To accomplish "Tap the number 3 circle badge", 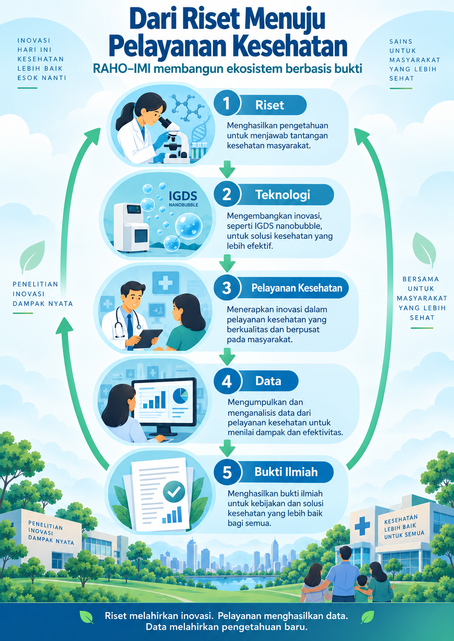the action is coord(226,288).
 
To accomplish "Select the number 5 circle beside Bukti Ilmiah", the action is coord(227,472).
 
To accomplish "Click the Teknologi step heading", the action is coord(283,195).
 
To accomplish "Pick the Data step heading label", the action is coord(268,381).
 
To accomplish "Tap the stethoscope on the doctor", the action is coord(126,323).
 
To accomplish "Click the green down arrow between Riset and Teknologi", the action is coord(227,169).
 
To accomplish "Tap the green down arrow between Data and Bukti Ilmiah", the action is coord(227,448).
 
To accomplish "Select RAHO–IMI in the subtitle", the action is coord(120,69).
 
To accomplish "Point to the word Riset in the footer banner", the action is coord(115,616).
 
